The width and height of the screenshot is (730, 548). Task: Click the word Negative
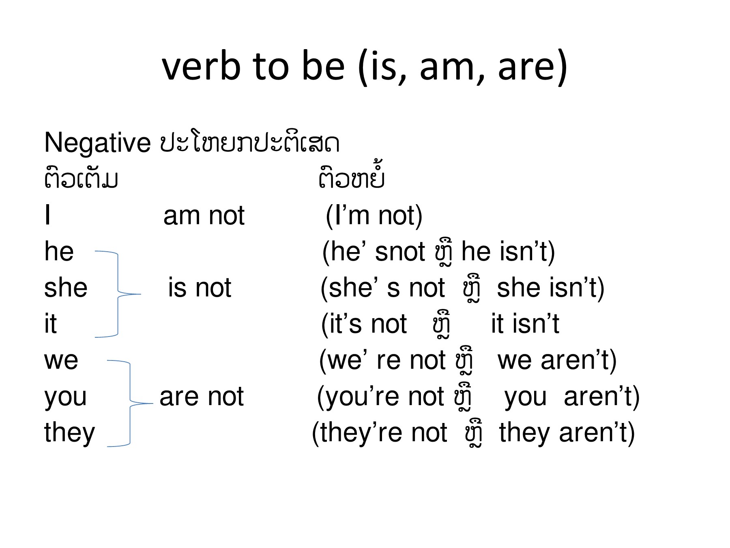97,143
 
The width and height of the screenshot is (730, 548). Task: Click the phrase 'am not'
204,216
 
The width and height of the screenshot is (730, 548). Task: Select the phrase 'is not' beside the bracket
200,288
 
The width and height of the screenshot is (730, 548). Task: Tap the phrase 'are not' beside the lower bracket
202,397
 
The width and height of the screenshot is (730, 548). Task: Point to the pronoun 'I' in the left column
48,216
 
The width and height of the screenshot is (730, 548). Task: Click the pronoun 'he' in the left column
59,252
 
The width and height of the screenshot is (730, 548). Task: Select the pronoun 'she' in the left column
66,288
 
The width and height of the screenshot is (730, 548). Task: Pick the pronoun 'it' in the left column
50,324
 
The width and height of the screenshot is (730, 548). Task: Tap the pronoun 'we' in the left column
61,360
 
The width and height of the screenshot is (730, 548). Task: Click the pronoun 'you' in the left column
65,397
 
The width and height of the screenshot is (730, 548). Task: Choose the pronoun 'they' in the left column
69,433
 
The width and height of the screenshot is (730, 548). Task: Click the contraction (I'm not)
374,216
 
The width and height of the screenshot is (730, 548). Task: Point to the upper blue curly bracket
118,294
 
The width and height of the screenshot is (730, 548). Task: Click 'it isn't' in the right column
525,324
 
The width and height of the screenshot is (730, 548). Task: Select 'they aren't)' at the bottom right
567,433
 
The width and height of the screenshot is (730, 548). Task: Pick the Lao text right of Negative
249,143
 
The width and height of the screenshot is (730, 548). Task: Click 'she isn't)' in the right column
550,288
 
